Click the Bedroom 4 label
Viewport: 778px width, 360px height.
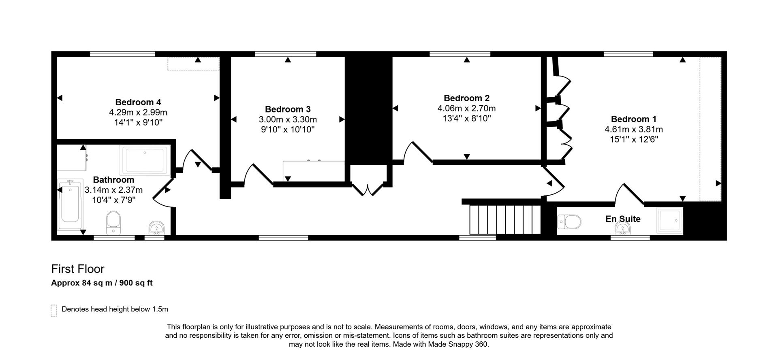[138, 102]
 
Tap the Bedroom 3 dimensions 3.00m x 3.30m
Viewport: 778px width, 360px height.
[288, 119]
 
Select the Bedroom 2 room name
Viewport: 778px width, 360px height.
[466, 98]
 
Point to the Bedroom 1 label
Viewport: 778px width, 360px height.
[633, 119]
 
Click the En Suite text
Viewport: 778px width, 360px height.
[623, 219]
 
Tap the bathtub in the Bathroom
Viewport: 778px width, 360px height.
[70, 205]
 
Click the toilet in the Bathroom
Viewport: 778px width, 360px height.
[113, 222]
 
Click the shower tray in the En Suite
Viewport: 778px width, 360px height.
[669, 221]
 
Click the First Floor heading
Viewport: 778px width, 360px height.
[78, 269]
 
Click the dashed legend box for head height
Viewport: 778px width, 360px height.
[53, 310]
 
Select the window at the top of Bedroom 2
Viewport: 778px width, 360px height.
[460, 54]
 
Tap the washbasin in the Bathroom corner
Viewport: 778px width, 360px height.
[156, 228]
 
